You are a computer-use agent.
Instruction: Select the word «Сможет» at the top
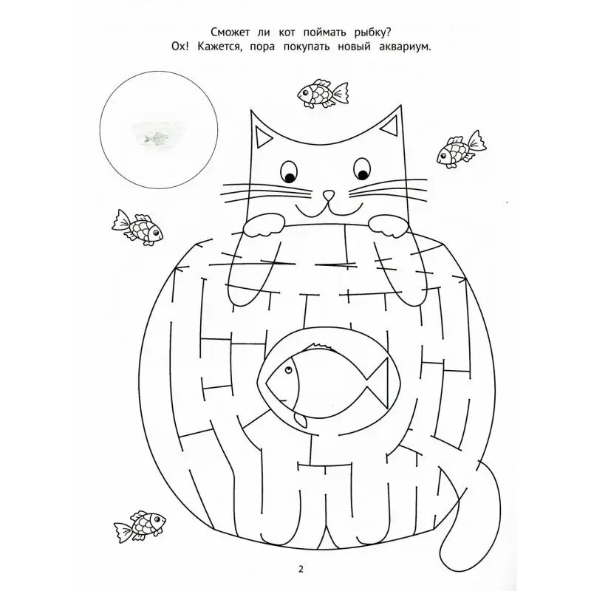coord(230,33)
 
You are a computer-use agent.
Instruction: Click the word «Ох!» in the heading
coord(180,47)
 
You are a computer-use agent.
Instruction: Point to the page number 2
coord(301,570)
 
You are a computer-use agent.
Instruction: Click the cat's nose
coord(329,195)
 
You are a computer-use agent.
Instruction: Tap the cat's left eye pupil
coord(290,177)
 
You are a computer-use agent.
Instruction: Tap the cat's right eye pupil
coord(363,174)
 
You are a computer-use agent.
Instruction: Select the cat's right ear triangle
coord(391,126)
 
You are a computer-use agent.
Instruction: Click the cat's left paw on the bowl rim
coord(264,225)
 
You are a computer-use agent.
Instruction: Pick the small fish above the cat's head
coord(323,93)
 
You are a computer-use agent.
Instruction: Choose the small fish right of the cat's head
coord(461,150)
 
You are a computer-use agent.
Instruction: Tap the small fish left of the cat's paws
coord(137,228)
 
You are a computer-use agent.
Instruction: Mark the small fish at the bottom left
coord(140,526)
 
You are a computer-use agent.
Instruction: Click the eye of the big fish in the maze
coord(289,369)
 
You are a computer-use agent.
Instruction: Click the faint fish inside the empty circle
coord(155,138)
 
